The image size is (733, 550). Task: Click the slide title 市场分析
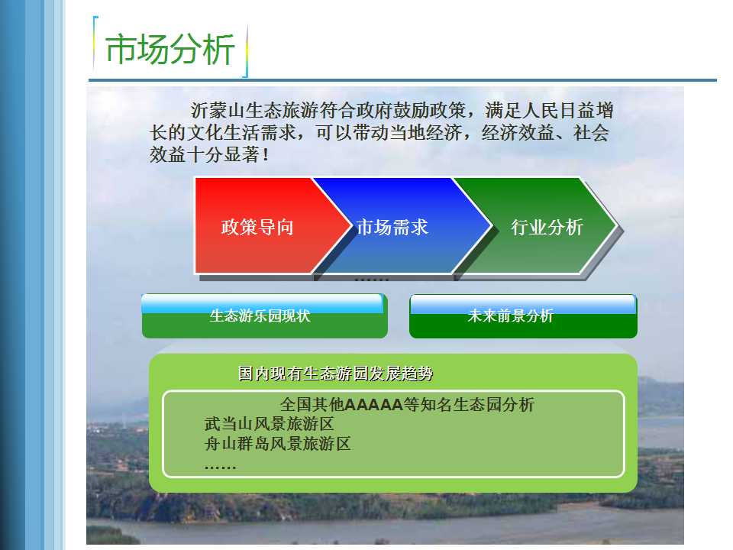coord(170,49)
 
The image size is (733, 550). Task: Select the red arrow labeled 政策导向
coord(262,225)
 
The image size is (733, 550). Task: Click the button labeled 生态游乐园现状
coord(265,315)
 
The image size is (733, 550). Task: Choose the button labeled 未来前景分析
coord(523,315)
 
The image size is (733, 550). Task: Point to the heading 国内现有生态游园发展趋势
coord(336,374)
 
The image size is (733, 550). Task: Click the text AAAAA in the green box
coord(373,405)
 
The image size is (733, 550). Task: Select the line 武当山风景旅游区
coord(270,424)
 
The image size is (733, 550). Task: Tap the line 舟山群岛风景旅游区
coord(278,443)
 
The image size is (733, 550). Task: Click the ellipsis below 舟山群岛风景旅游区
coord(220,466)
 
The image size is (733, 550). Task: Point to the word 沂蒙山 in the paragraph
coord(217,110)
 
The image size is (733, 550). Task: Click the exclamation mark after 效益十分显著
coord(266,155)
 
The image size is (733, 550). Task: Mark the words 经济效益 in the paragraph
coord(518,133)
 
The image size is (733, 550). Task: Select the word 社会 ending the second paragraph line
coord(591,133)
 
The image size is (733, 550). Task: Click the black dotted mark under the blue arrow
coord(372,280)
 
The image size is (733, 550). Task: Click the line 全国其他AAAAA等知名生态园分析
coord(407,405)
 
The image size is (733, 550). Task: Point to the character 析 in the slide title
coord(219,49)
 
